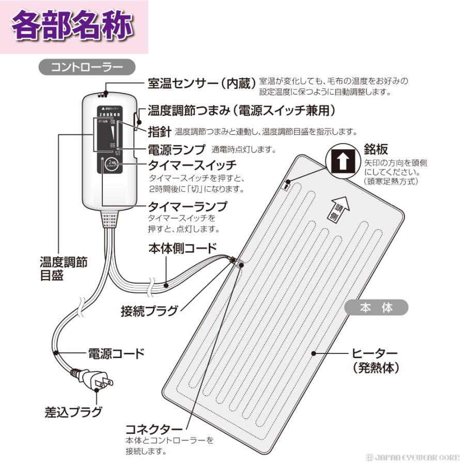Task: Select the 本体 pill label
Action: click(376, 308)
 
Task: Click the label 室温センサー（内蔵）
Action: click(202, 83)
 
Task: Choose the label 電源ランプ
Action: click(177, 149)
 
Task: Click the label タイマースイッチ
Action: click(192, 166)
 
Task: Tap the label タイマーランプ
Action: click(188, 207)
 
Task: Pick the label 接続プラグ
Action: click(150, 311)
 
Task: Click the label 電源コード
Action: click(116, 354)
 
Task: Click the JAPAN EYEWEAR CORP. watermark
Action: click(412, 457)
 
